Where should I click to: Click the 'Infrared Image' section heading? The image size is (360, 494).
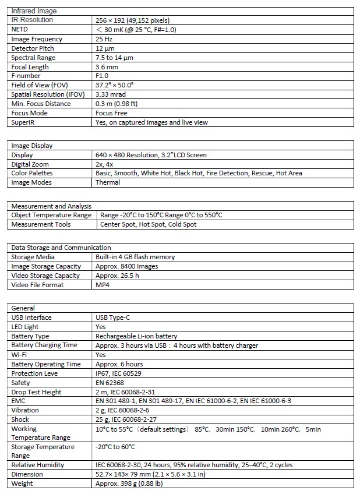pos(34,11)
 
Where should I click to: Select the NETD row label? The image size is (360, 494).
pos(20,29)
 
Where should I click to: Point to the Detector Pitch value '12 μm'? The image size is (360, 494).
pos(104,48)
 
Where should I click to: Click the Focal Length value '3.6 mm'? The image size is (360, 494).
pos(107,67)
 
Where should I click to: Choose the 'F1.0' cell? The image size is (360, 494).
pos(102,76)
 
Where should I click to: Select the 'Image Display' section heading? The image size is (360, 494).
pos(32,146)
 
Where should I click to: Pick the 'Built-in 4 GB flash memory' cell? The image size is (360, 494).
pos(135,257)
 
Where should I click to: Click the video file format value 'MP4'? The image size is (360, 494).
pos(103,285)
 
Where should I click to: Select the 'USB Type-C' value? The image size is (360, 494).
pos(115,317)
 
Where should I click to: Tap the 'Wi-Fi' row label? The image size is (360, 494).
pos(19,355)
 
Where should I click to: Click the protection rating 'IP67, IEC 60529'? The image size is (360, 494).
pos(121,373)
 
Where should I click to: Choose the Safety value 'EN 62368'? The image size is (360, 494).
pos(110,383)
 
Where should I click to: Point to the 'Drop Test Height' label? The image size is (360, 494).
pos(36,392)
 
